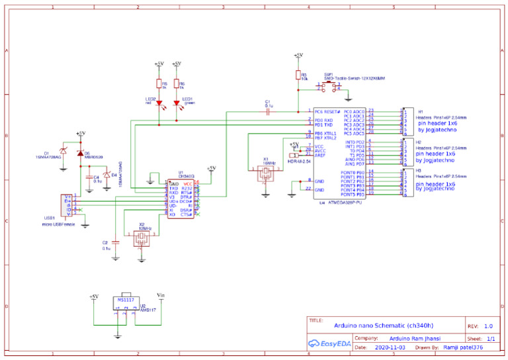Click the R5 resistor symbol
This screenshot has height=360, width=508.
[159, 83]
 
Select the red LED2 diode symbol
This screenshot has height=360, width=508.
[159, 104]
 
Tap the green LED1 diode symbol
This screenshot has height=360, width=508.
[177, 104]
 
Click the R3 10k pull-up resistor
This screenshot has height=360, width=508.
[298, 76]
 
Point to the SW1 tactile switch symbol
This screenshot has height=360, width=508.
[329, 86]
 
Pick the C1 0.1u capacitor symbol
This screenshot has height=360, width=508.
[268, 112]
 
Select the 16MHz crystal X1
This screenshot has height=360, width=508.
[265, 173]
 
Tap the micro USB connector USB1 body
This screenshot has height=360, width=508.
[66, 204]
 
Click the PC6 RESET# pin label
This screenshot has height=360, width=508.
[327, 112]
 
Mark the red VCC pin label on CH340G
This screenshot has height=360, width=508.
[188, 183]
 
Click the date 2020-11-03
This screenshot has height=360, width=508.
[390, 347]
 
